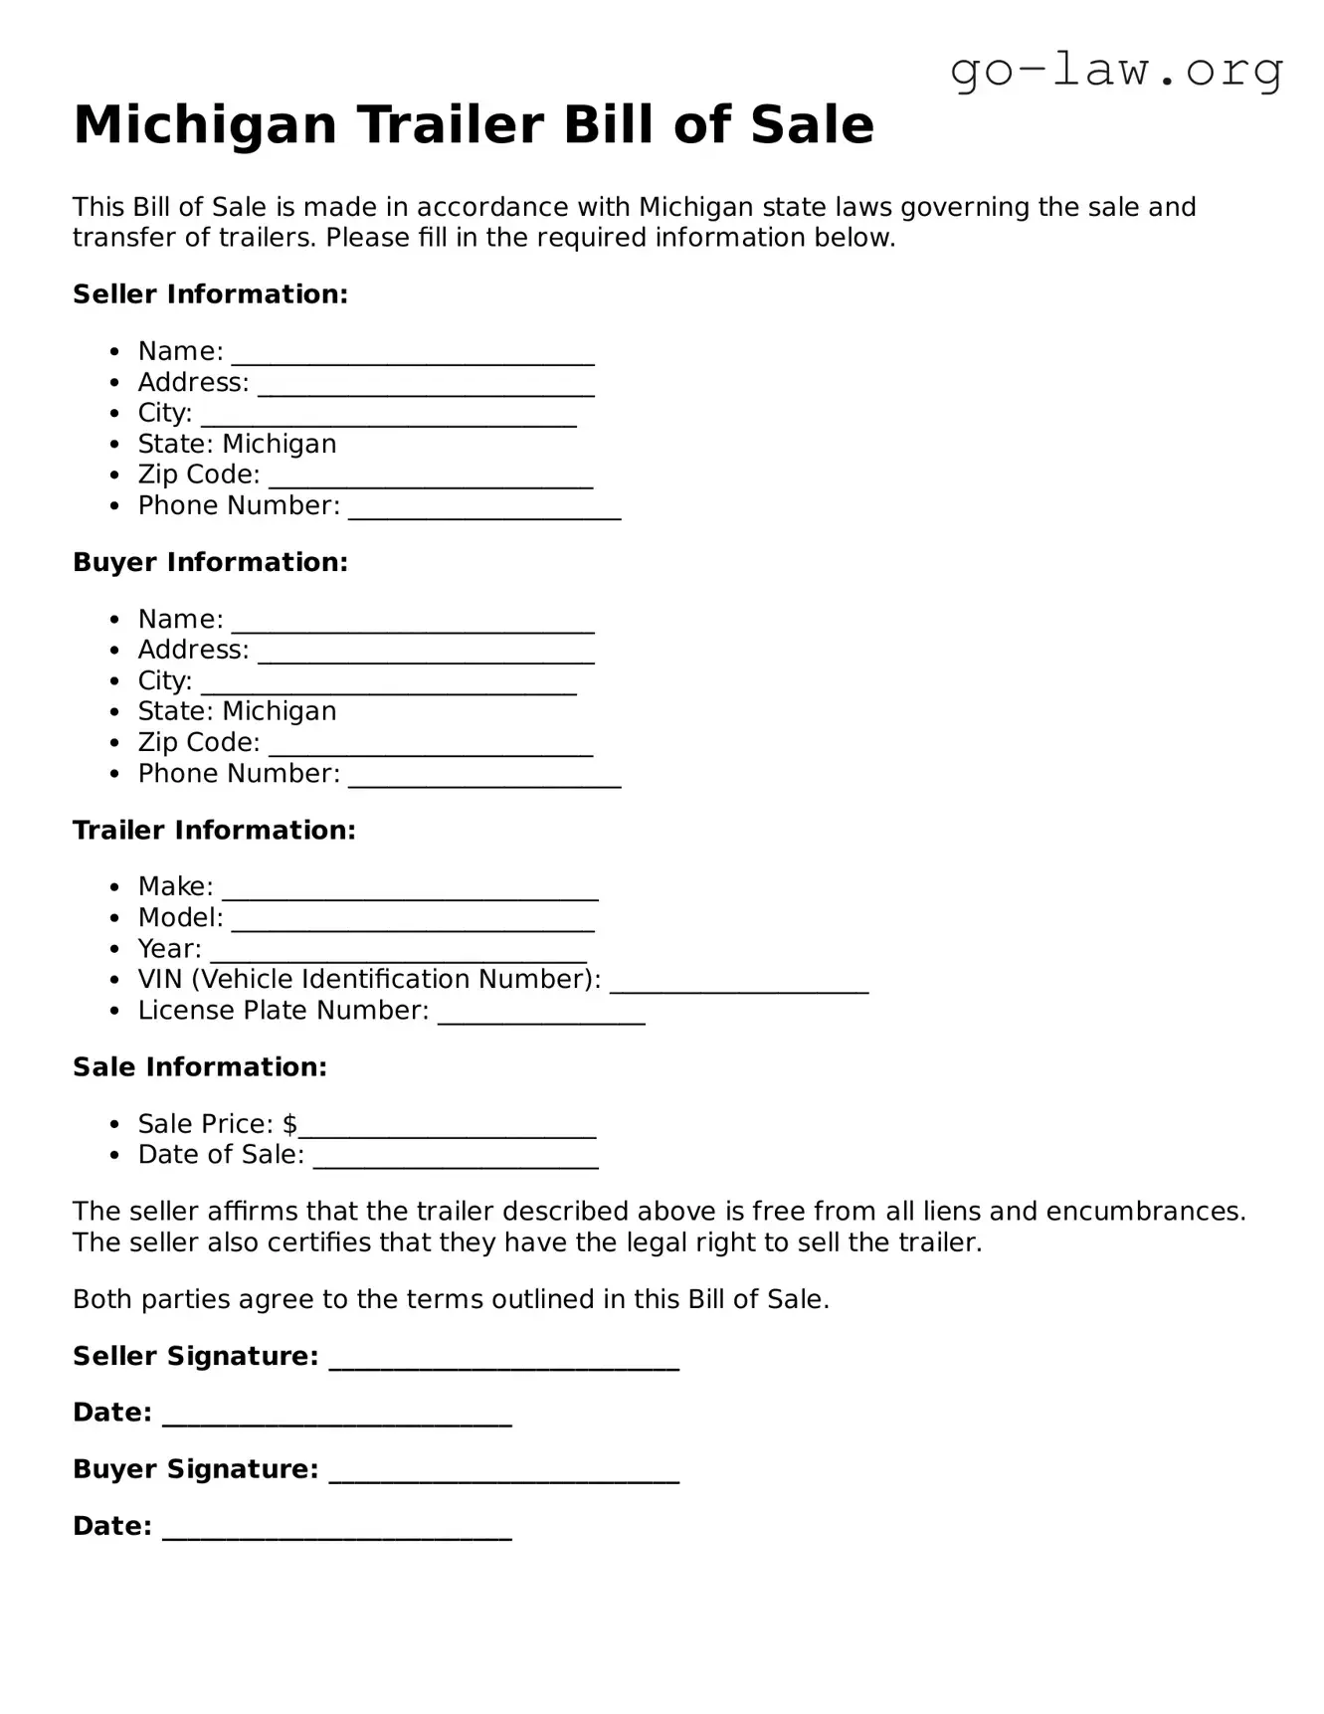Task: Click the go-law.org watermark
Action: point(1116,71)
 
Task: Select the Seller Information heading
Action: point(210,294)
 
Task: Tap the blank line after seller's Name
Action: point(413,356)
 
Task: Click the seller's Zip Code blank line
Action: point(431,479)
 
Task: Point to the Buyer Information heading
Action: point(210,562)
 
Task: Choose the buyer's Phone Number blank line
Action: point(484,778)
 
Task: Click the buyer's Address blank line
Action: point(426,655)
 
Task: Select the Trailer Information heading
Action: point(214,830)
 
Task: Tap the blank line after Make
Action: point(410,891)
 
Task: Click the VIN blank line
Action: point(739,984)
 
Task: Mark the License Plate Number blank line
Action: point(541,1015)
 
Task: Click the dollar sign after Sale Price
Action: point(289,1124)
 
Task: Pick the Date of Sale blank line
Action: point(456,1160)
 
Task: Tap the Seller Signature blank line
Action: point(503,1361)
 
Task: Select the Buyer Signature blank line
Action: point(503,1474)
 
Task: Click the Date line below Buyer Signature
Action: point(336,1531)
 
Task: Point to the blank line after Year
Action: point(398,953)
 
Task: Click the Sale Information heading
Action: point(200,1067)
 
